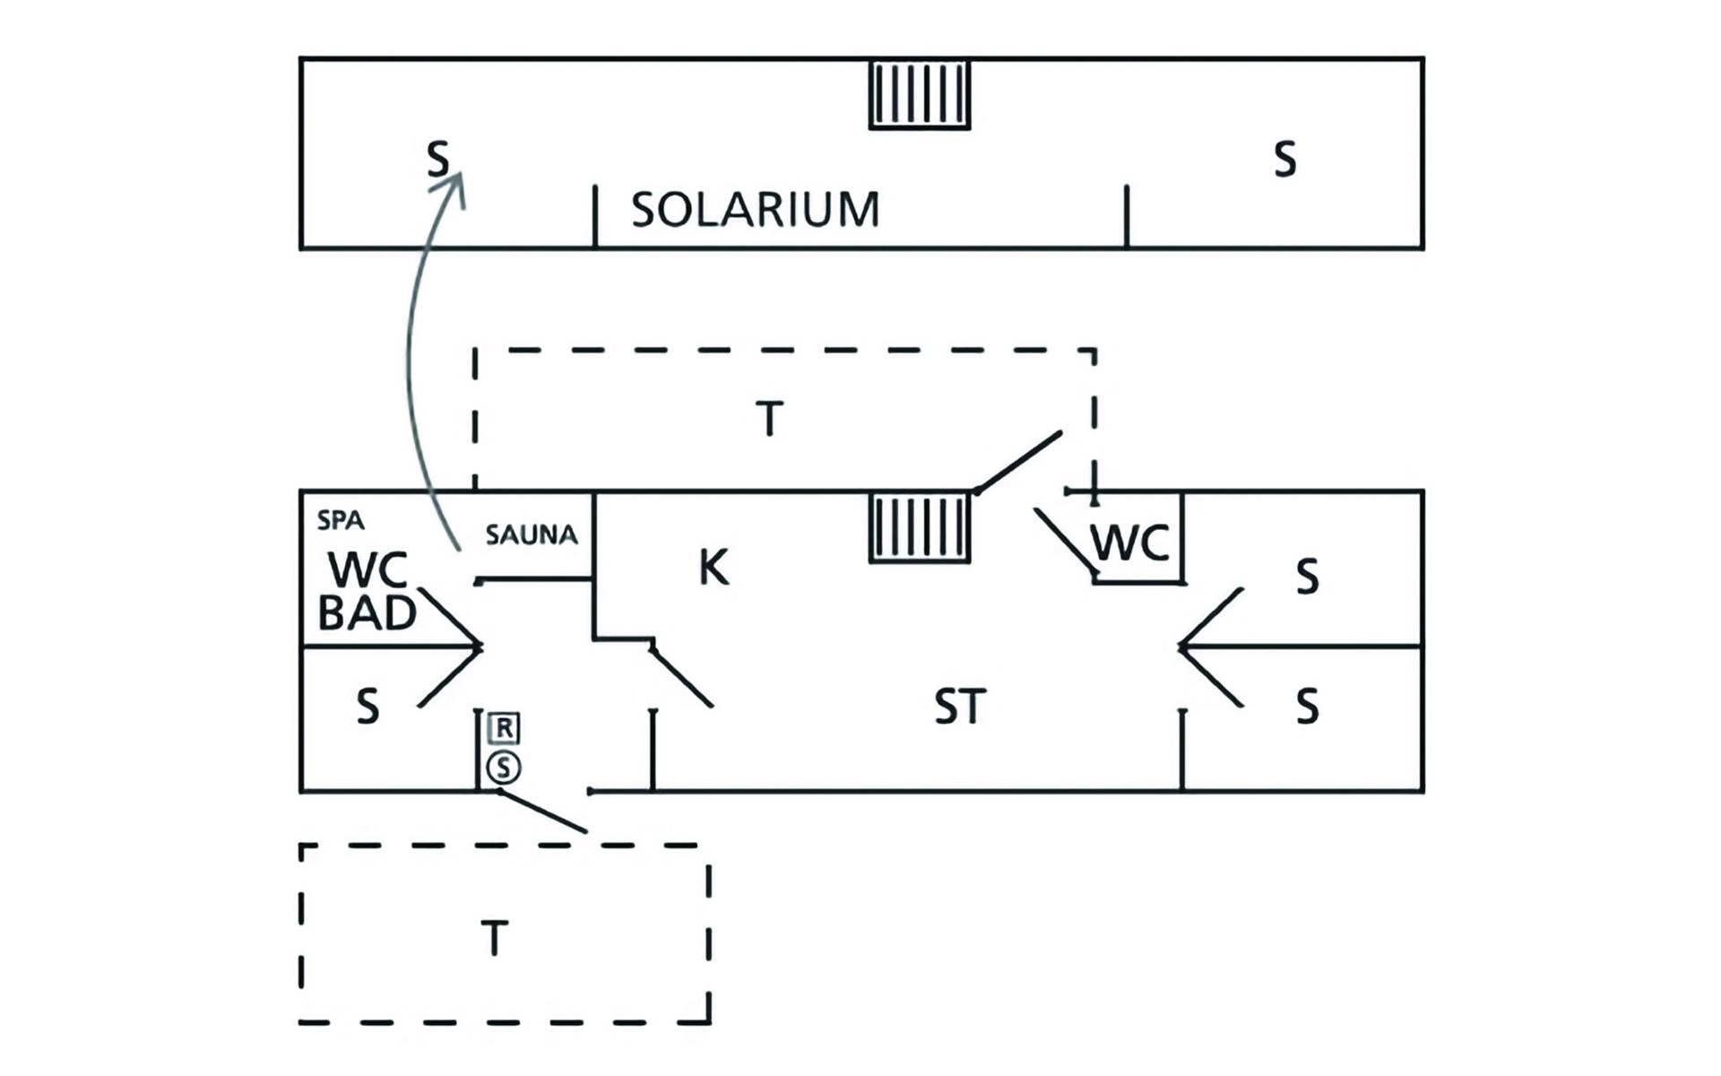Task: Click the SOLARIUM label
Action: coord(755,210)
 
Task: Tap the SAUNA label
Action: coord(532,535)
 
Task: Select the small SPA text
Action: coord(341,520)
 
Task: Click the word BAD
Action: coord(368,613)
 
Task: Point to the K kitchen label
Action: coord(713,568)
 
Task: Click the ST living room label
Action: coord(960,707)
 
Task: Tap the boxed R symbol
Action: coord(505,728)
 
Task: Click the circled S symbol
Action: coord(504,768)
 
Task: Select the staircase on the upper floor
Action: coord(920,94)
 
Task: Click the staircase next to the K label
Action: coord(920,528)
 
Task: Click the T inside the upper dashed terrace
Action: coord(769,419)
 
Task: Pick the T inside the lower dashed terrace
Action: coord(495,939)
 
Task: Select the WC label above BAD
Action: coord(368,569)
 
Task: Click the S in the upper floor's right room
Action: coord(1284,161)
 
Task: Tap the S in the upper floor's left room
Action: coord(437,161)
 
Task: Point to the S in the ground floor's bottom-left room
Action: coord(368,707)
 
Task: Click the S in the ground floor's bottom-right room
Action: coord(1307,707)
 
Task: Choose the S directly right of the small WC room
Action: coord(1307,577)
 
